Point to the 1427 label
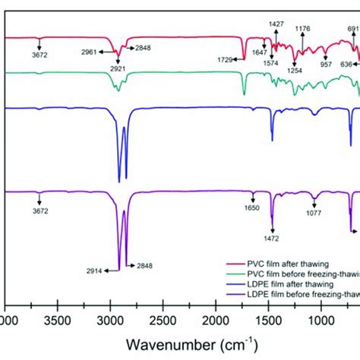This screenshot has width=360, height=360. coord(278,24)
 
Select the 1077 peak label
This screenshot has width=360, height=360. coord(314,215)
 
